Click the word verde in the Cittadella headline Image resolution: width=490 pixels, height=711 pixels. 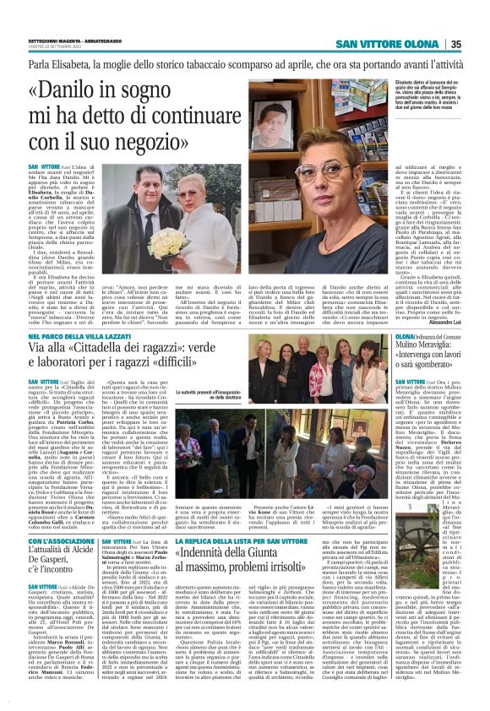pyautogui.click(x=223, y=349)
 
